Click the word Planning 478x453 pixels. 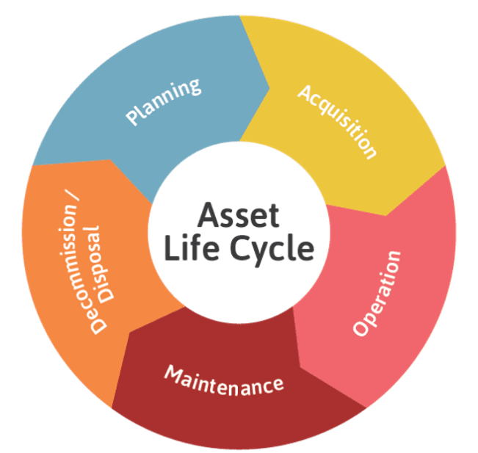point(163,101)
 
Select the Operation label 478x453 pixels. point(378,292)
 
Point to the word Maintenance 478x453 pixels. point(223,379)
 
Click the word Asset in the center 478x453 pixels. point(239,216)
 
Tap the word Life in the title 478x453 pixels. point(187,250)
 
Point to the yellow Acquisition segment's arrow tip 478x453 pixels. point(386,215)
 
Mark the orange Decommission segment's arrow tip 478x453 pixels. point(111,160)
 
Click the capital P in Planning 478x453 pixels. point(134,117)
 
